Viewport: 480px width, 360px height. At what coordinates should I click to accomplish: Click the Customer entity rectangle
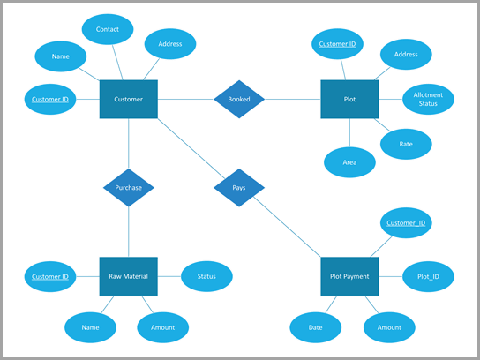click(129, 99)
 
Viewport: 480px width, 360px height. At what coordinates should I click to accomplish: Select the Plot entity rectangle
click(349, 99)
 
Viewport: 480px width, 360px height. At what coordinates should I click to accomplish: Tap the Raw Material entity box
click(129, 276)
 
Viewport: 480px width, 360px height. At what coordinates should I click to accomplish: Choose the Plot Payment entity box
click(349, 276)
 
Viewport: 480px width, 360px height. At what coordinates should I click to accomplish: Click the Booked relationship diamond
click(239, 99)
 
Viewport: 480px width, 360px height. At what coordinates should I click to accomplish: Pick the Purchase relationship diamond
click(129, 187)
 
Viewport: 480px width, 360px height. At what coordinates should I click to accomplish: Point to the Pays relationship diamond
click(239, 187)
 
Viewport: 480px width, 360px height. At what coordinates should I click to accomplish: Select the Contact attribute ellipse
click(108, 30)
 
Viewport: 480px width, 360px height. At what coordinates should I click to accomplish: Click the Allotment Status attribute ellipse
click(429, 100)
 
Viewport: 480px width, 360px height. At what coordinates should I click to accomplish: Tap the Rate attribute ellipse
click(407, 142)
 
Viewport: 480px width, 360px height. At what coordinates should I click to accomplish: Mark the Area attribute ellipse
click(350, 162)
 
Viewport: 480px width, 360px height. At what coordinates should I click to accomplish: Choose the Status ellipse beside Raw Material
click(206, 276)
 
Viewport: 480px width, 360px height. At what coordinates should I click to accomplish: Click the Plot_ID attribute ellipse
click(429, 276)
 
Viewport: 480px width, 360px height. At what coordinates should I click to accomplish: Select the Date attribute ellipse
click(315, 327)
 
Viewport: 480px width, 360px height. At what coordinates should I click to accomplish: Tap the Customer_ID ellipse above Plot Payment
click(407, 222)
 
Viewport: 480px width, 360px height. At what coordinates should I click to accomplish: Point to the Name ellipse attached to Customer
click(61, 56)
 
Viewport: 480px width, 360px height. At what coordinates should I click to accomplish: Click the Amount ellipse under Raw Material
click(162, 327)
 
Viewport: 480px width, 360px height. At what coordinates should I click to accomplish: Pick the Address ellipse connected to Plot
click(407, 55)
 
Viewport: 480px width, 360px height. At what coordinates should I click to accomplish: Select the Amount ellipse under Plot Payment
click(389, 327)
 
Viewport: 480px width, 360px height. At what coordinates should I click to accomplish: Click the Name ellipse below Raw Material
click(90, 327)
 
